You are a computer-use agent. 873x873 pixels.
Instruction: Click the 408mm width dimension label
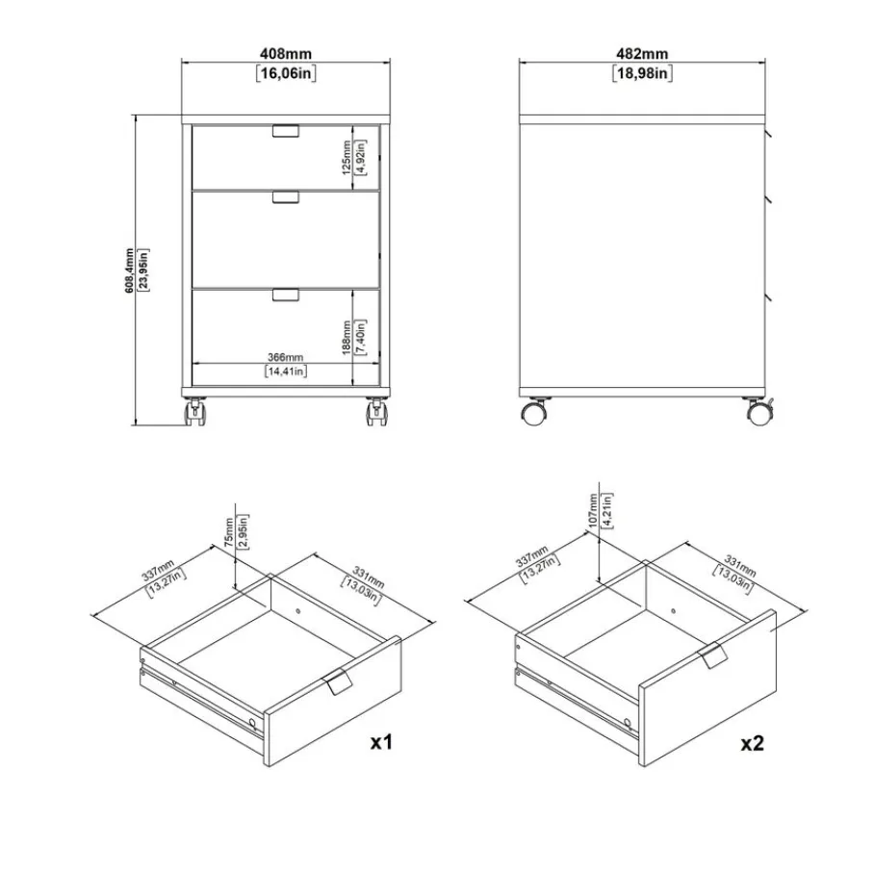tap(286, 54)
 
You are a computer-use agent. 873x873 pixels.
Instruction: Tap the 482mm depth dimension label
tap(642, 54)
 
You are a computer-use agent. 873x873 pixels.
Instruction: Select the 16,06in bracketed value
tap(286, 73)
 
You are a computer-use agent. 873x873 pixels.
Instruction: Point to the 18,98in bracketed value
tap(643, 73)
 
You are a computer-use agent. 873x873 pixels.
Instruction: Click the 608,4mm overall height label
tap(129, 270)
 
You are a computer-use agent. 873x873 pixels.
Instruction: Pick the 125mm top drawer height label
tap(347, 158)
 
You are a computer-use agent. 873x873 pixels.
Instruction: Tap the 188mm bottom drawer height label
tap(347, 338)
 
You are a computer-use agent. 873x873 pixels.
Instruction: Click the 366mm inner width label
tap(286, 357)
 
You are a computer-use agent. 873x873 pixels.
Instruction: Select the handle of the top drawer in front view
tap(286, 131)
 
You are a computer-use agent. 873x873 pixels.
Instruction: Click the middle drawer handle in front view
tap(286, 197)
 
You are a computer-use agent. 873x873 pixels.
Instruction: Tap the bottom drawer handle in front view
tap(286, 295)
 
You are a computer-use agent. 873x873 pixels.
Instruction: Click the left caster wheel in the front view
tap(194, 412)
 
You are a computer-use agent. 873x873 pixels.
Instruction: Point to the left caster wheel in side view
tap(534, 413)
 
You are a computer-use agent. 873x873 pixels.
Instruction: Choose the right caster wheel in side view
tap(759, 413)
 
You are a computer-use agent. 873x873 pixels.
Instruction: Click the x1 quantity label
tap(381, 741)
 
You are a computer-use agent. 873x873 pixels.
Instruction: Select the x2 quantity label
tap(752, 743)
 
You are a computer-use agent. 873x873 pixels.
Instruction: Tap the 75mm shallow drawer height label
tap(229, 532)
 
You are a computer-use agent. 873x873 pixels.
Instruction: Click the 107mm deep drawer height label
tap(592, 510)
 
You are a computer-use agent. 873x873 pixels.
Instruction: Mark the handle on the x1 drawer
tap(337, 681)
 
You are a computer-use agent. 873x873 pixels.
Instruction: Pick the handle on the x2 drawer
tap(712, 655)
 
